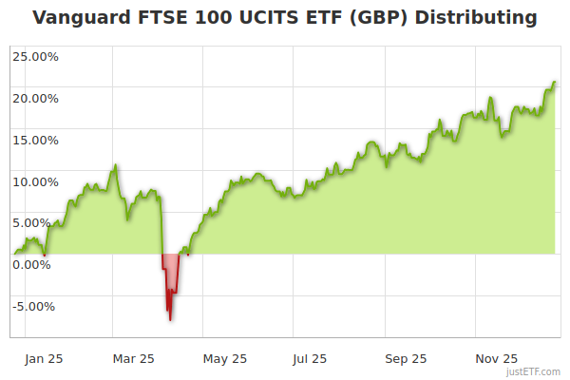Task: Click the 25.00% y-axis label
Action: coord(35,56)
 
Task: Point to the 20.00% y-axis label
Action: coord(35,98)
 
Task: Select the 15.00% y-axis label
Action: coord(35,140)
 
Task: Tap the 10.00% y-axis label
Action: coord(35,181)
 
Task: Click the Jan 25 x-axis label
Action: coord(45,359)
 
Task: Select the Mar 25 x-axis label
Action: coord(133,359)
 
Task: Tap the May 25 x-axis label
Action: coord(225,359)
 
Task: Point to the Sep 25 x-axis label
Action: coord(406,359)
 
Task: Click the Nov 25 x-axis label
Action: coord(496,359)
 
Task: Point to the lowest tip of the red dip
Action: coord(170,320)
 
